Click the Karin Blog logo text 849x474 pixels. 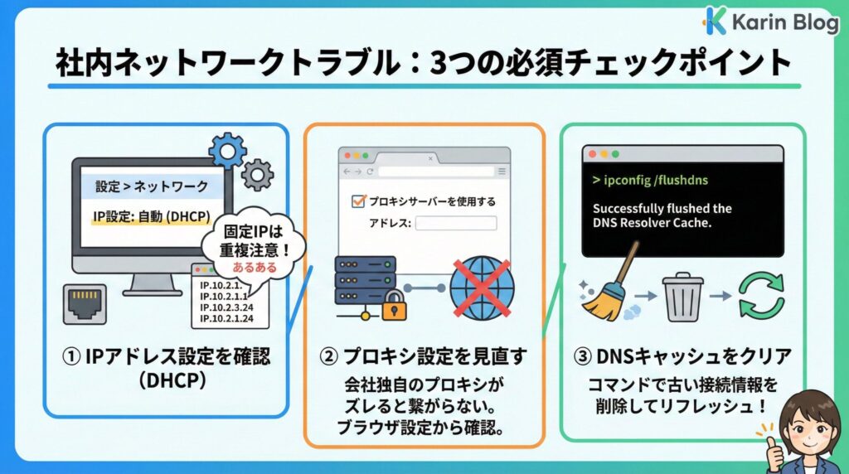click(784, 22)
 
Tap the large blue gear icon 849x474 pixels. click(227, 151)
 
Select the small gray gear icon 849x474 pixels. click(257, 175)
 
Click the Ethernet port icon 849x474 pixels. click(85, 304)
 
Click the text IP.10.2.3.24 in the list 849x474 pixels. click(226, 307)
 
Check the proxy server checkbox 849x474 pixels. click(358, 201)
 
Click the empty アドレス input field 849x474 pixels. click(456, 223)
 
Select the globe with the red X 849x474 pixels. click(482, 288)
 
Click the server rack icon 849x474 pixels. click(366, 280)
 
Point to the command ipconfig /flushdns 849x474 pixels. click(650, 180)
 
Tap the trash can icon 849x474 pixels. click(683, 297)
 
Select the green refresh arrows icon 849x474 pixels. click(761, 295)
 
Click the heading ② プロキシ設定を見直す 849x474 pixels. click(423, 356)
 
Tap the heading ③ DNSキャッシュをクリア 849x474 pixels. click(682, 356)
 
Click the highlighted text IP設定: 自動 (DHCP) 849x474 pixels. click(152, 217)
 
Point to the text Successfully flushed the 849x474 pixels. click(662, 208)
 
